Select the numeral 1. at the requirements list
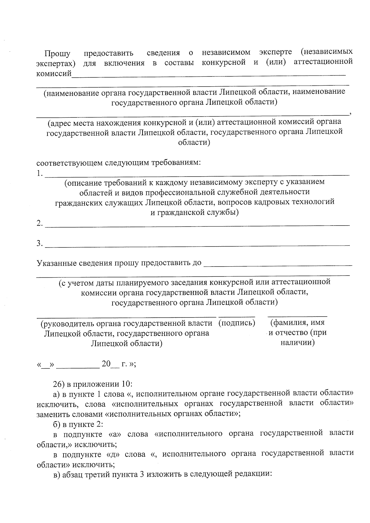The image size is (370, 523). (x=39, y=174)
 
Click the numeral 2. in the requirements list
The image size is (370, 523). (x=39, y=224)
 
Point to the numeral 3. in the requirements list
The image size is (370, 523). (x=39, y=243)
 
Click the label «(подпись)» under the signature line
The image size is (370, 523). (x=237, y=323)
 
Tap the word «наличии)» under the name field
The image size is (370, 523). (x=298, y=343)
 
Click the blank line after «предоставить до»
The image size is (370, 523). (x=277, y=264)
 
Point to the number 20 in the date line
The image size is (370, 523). (x=106, y=364)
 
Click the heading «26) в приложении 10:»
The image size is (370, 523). (x=92, y=384)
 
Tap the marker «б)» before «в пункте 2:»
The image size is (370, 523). (x=56, y=424)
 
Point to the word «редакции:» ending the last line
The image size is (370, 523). (x=253, y=474)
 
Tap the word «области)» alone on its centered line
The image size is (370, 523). (x=194, y=143)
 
